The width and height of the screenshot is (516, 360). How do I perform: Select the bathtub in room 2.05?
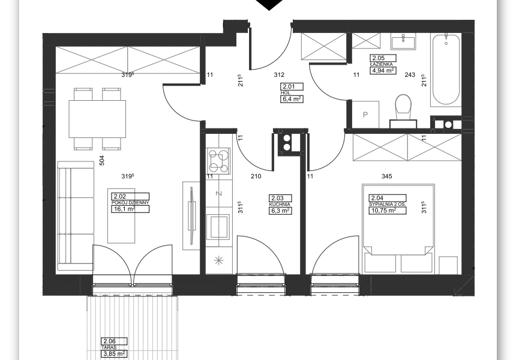click(x=446, y=70)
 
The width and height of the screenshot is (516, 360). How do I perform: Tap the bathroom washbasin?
click(x=403, y=43)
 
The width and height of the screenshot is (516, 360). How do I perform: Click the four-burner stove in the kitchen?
click(x=218, y=161)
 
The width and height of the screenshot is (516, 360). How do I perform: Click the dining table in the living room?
click(x=97, y=119)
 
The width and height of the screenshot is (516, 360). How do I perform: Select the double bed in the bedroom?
click(x=398, y=229)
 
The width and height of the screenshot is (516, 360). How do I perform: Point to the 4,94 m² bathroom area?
click(x=383, y=70)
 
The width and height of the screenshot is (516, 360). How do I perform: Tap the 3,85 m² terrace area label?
click(x=114, y=354)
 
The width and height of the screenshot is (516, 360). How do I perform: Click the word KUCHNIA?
click(x=280, y=205)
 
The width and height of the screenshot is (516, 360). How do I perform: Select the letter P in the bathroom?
click(x=365, y=115)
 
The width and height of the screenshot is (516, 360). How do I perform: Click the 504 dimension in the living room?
click(x=101, y=160)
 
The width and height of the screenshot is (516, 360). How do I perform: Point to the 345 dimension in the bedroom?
click(x=386, y=176)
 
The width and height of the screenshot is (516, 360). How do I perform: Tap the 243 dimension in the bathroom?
click(x=410, y=75)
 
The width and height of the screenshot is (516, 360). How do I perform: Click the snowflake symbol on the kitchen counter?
click(x=218, y=261)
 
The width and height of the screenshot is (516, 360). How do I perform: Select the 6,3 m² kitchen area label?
click(x=280, y=211)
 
